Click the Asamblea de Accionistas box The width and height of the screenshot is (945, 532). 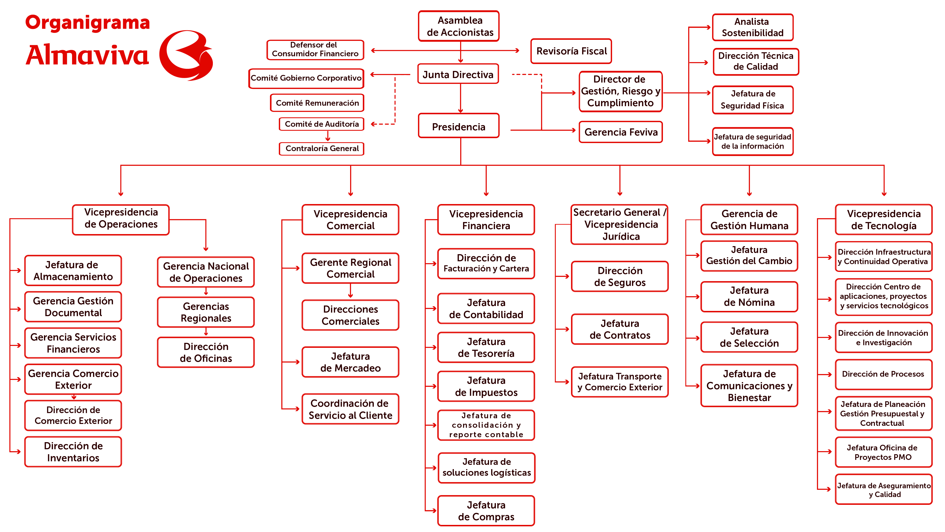tap(459, 26)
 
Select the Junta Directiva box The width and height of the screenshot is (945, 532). tap(458, 74)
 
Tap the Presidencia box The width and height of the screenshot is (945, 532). tap(459, 126)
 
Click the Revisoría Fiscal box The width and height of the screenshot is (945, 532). tap(571, 51)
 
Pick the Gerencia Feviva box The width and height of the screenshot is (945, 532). tap(621, 132)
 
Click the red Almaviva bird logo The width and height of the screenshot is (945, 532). tap(186, 55)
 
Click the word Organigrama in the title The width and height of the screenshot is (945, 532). tap(88, 23)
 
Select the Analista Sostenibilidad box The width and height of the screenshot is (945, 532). tap(753, 27)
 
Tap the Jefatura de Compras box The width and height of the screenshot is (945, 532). tap(486, 511)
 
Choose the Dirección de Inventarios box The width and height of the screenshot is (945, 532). tap(73, 452)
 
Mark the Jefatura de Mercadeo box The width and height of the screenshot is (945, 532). tap(350, 362)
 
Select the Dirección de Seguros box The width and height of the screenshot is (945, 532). tap(620, 276)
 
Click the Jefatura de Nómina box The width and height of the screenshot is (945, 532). tap(749, 297)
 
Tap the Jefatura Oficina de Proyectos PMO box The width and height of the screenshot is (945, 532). tap(883, 452)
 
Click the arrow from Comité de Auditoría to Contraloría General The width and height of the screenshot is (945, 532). tap(328, 136)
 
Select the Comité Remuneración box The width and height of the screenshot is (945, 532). tap(317, 103)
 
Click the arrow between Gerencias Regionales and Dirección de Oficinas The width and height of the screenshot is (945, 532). tap(206, 332)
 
